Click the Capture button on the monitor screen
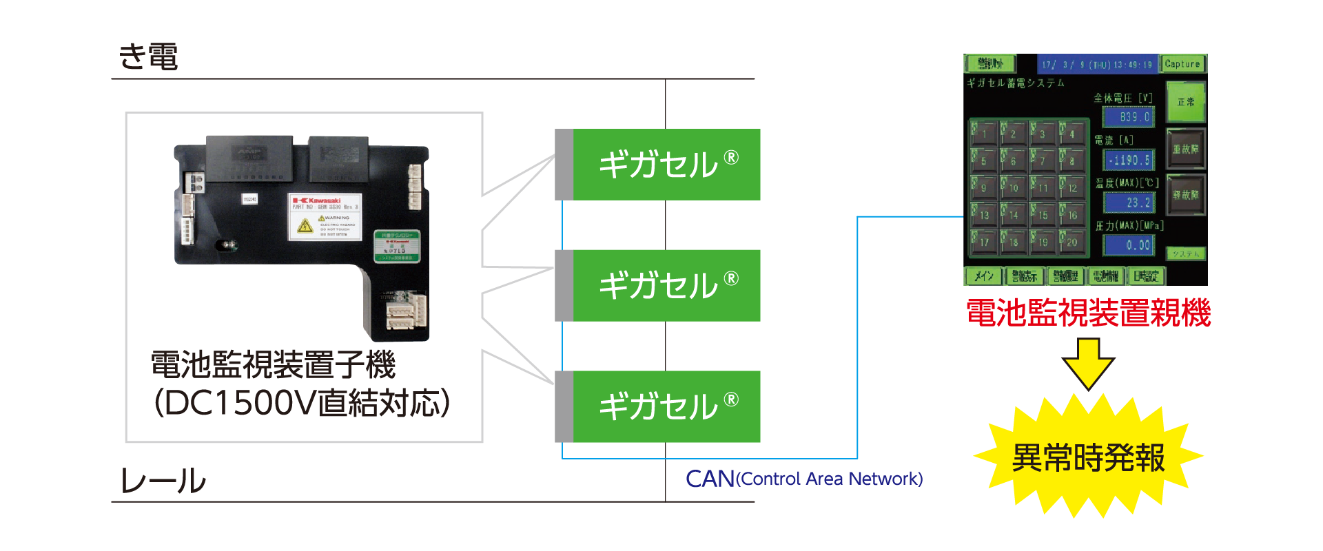1182,64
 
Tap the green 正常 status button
1185,102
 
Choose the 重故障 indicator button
1185,149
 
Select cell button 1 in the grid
984,133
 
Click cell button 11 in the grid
1043,187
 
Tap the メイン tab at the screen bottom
983,276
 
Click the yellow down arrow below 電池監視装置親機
1088,362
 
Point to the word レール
163,480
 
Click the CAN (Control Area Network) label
803,479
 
